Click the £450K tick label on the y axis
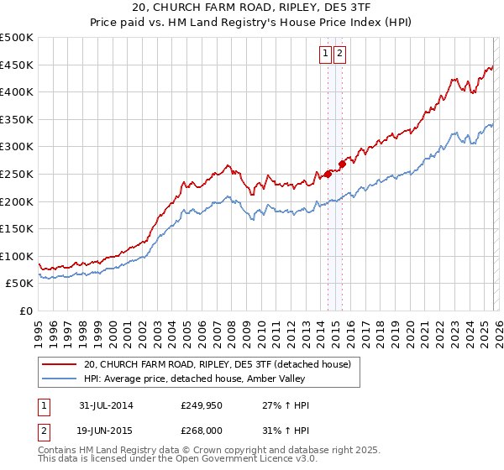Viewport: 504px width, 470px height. pyautogui.click(x=17, y=65)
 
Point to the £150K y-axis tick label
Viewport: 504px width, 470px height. pyautogui.click(x=17, y=228)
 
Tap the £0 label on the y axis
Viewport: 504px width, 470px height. pyautogui.click(x=25, y=311)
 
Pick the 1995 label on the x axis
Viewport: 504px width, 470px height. pyautogui.click(x=39, y=328)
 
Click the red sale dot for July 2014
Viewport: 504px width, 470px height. pyautogui.click(x=328, y=175)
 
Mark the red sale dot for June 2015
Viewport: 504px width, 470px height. pyautogui.click(x=341, y=164)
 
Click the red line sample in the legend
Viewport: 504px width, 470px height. pyautogui.click(x=58, y=364)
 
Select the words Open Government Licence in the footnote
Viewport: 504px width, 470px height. pyautogui.click(x=246, y=461)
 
